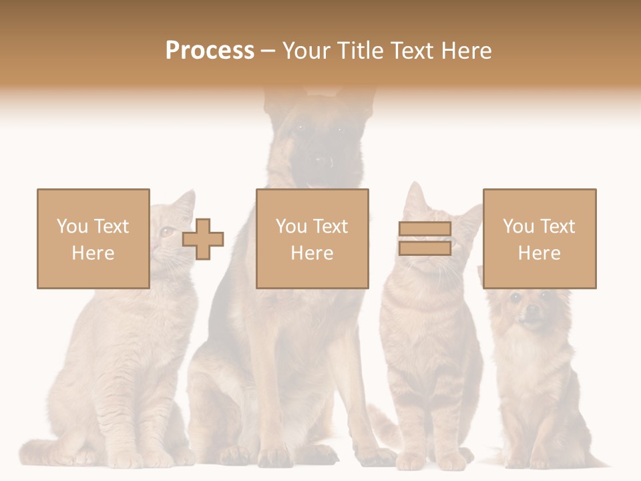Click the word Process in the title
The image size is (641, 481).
210,51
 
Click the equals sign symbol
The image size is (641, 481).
425,238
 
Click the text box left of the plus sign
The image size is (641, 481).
93,238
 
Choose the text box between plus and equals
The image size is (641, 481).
312,238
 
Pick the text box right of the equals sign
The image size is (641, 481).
539,238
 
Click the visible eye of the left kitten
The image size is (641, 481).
165,232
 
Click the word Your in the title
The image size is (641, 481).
304,51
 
